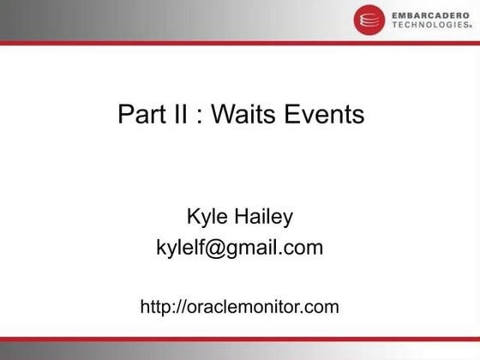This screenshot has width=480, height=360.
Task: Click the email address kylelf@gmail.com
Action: (x=239, y=249)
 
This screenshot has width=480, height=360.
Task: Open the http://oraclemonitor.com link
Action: (x=239, y=306)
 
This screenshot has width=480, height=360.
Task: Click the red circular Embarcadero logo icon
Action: (x=367, y=19)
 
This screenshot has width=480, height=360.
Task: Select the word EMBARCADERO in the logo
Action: (x=427, y=15)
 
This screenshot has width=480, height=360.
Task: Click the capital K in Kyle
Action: (x=193, y=218)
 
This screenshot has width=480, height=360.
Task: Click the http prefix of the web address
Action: (x=154, y=306)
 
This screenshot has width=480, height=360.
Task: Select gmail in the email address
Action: (x=249, y=249)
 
